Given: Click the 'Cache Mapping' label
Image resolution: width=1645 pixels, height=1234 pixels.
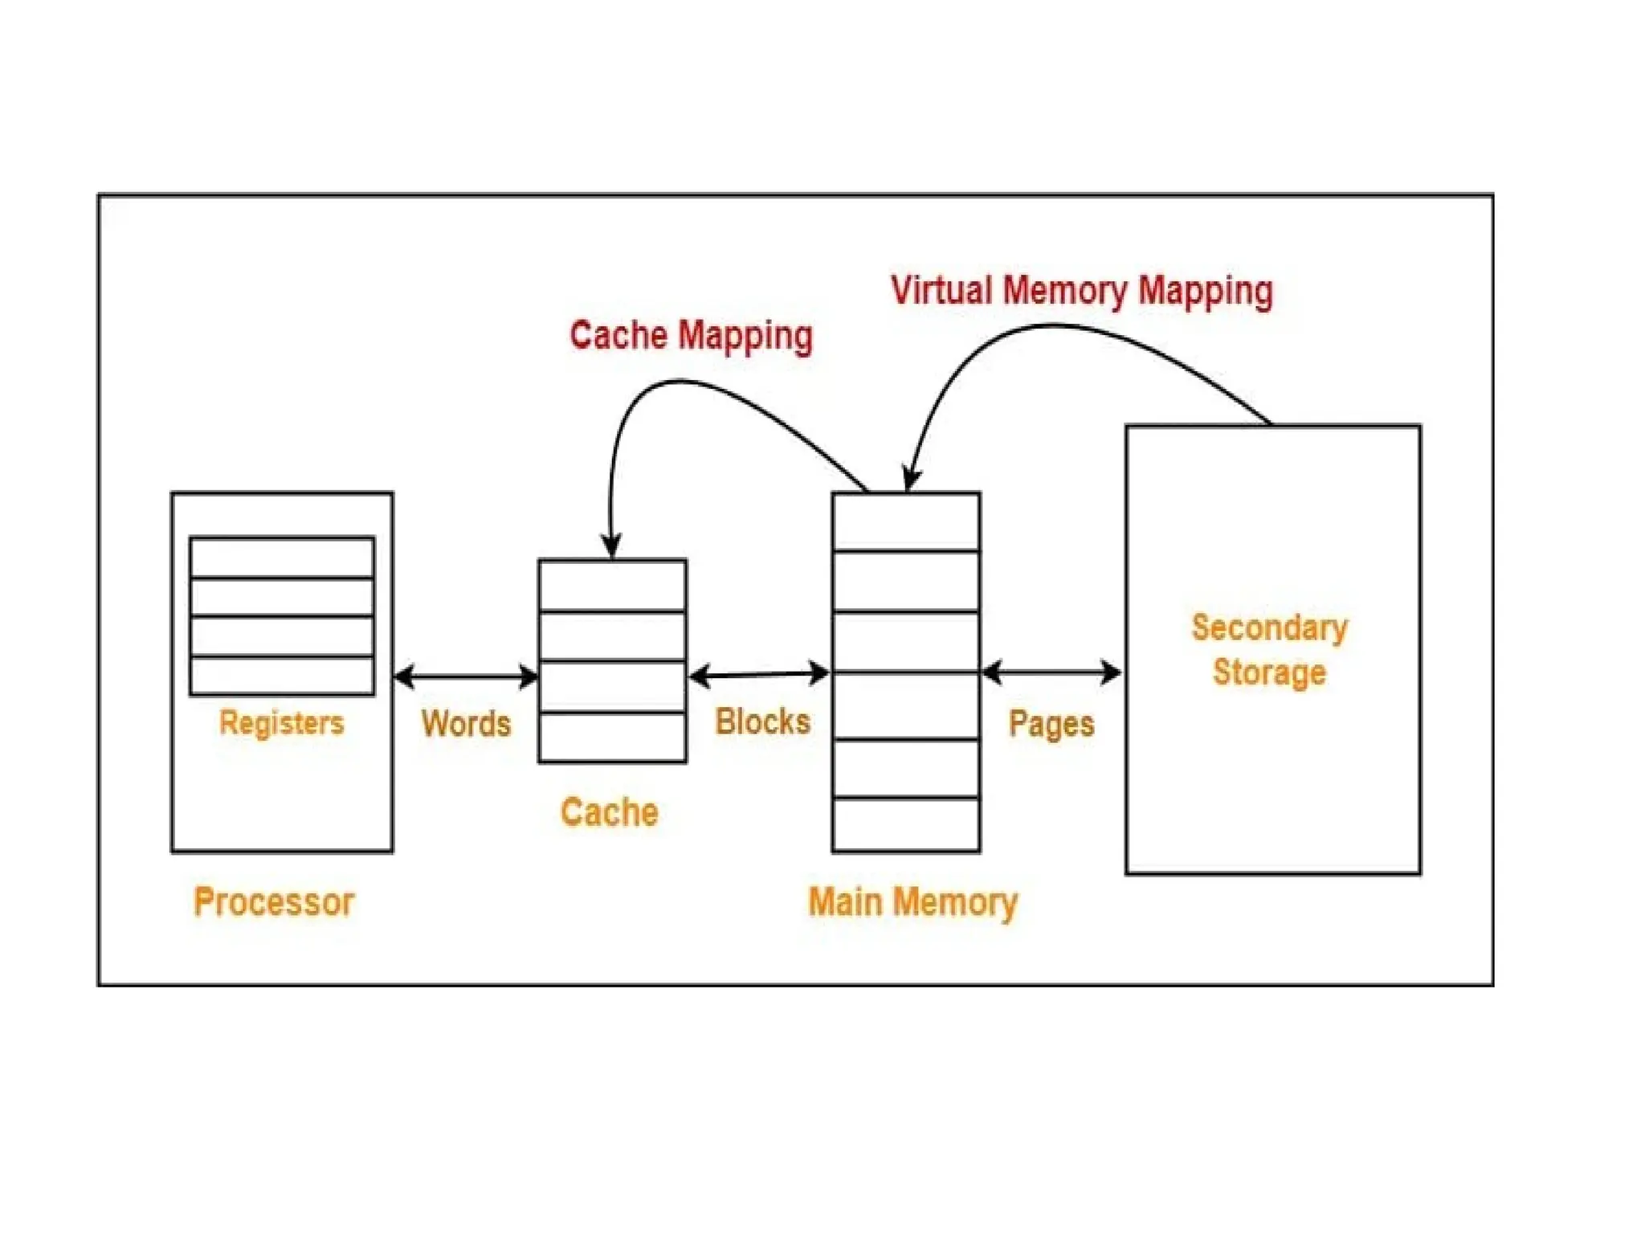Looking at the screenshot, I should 691,335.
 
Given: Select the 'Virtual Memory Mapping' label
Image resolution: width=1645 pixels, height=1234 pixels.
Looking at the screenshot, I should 1081,291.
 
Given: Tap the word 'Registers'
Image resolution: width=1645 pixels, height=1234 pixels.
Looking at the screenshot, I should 281,722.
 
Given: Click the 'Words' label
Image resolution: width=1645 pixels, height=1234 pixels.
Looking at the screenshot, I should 466,723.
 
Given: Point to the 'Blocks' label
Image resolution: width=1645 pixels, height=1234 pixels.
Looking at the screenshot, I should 762,721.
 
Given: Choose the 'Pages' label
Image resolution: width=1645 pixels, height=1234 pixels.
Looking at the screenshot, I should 1051,724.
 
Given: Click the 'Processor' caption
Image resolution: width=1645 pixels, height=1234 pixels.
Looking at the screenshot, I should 274,901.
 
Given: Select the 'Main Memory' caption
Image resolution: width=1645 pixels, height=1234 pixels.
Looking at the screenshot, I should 912,901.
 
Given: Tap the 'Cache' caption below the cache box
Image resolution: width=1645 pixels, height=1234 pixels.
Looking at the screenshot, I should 610,812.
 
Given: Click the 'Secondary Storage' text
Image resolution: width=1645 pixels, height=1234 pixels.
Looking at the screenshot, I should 1269,649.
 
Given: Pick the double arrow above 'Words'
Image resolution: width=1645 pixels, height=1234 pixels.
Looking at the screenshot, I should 466,676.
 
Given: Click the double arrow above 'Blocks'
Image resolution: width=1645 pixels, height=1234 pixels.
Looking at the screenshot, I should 759,675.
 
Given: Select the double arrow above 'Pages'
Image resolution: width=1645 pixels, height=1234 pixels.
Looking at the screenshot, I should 1051,672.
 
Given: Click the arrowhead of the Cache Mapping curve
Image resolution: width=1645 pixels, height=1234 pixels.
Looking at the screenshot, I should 612,546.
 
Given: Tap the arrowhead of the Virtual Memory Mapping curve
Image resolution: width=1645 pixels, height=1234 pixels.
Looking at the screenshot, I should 911,479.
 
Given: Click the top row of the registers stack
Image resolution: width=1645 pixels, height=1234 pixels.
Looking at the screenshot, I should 282,558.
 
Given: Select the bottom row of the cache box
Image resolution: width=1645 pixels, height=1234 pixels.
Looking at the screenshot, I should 612,737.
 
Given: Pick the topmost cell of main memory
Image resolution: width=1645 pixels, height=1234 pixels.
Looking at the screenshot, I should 906,522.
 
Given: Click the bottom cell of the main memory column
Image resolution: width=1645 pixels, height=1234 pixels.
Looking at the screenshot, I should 906,824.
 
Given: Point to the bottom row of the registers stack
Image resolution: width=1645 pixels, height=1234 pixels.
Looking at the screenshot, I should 282,675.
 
